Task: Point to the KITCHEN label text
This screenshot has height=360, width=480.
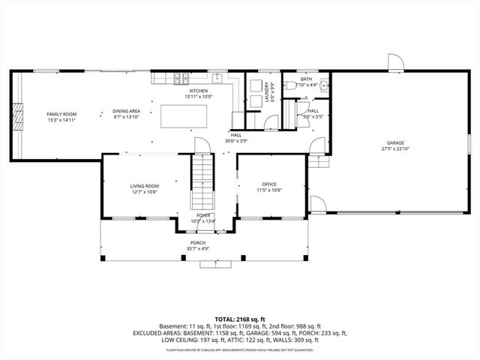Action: point(199,91)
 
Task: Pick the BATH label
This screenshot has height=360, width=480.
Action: point(306,79)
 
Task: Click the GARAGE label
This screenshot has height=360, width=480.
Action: point(395,142)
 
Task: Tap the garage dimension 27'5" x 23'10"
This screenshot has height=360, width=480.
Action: point(395,148)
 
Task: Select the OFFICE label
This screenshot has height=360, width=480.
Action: point(270,184)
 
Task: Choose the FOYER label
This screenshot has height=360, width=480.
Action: point(203,215)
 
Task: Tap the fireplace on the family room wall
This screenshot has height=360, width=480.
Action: point(16,118)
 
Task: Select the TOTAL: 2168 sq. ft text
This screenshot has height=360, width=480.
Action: point(240,319)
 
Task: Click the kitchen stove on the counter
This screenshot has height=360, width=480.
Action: point(181,77)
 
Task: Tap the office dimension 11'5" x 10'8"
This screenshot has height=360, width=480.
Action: point(270,190)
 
